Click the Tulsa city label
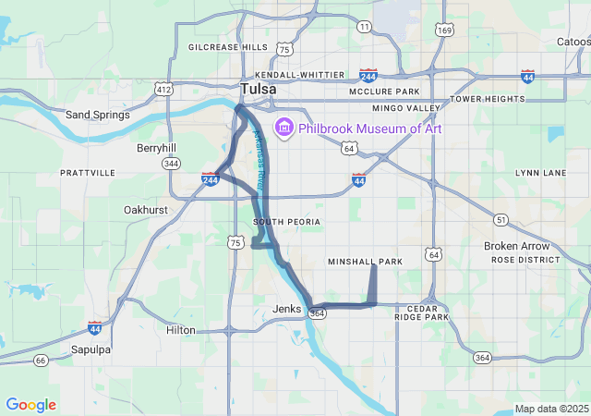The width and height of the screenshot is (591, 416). tap(258, 89)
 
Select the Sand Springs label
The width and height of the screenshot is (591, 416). tap(96, 115)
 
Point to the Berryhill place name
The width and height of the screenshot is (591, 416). tap(156, 147)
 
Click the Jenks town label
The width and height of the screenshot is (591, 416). tap(287, 309)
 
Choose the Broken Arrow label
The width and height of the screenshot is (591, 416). tap(516, 246)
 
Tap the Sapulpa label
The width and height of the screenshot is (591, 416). tap(90, 349)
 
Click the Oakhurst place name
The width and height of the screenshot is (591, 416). tap(145, 210)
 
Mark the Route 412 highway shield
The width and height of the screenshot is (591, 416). tap(163, 90)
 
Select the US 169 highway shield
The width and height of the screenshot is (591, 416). tap(445, 31)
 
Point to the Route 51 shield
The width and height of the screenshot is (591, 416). tap(501, 219)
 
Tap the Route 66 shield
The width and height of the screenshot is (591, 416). tap(40, 360)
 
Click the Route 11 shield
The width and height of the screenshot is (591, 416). tap(365, 27)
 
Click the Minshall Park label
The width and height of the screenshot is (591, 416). tap(366, 262)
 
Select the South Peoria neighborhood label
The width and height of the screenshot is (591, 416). tap(286, 222)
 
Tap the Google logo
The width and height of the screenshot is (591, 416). tap(30, 405)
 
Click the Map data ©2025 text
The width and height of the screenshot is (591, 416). tap(551, 409)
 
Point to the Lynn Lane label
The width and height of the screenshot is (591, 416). tap(540, 173)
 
